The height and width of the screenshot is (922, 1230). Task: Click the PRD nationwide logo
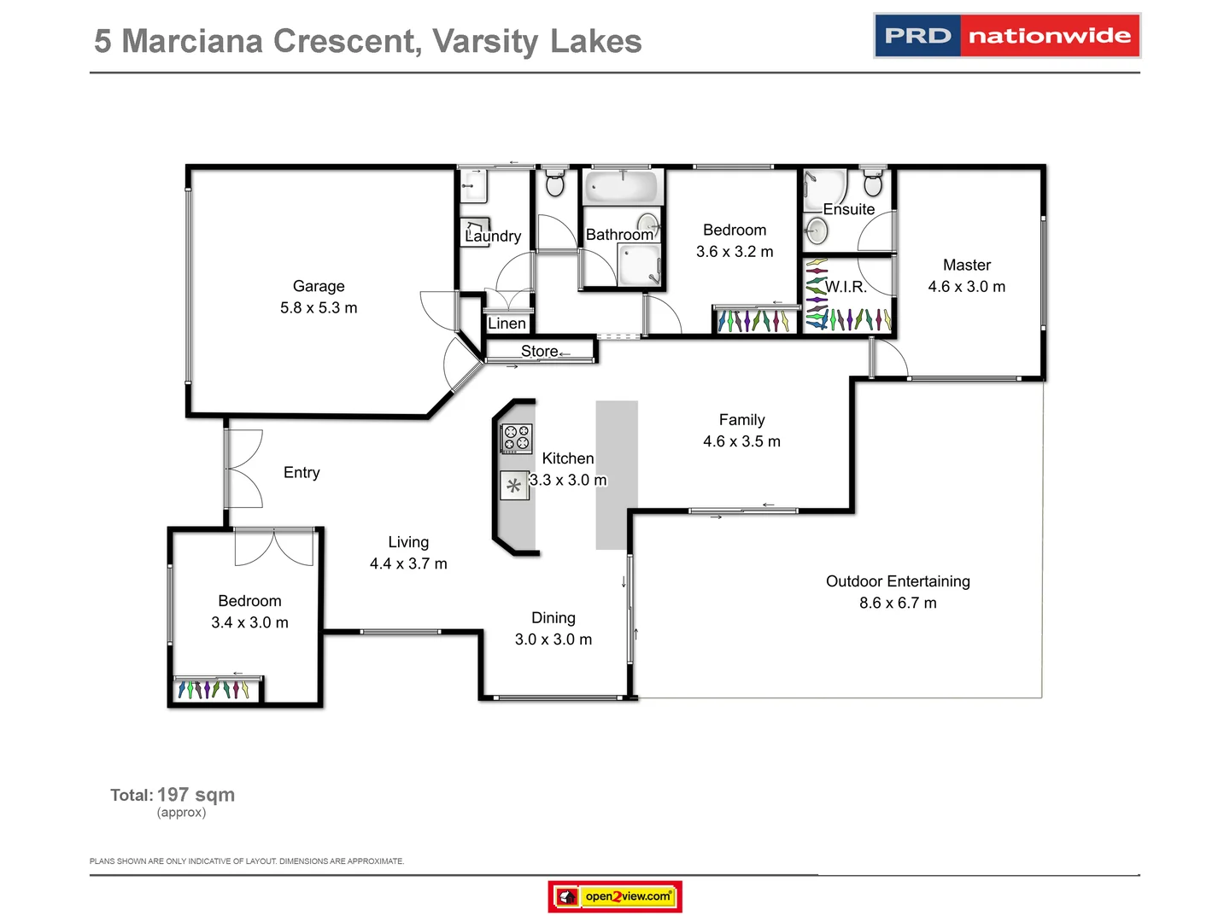pos(1007,36)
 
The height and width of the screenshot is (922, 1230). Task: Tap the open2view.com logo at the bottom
pos(615,896)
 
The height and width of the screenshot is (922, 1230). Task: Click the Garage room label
pos(319,286)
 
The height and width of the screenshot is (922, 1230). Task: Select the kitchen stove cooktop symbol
pos(516,438)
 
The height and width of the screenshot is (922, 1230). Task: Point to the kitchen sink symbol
pos(514,486)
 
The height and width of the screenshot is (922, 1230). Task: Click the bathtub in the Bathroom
pos(623,186)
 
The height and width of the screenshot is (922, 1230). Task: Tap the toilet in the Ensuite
pos(872,184)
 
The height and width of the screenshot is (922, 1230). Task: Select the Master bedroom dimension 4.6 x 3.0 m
pos(967,287)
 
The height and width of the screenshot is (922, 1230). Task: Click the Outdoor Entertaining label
pos(898,581)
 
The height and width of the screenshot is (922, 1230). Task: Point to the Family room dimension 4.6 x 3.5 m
pos(741,441)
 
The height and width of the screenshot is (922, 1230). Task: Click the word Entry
pos(302,473)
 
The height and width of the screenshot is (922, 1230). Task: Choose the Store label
pos(539,351)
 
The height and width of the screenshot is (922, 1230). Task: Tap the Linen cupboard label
pos(507,324)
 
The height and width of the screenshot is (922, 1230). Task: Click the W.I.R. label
pos(846,287)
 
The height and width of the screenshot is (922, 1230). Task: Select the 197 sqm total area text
pos(196,795)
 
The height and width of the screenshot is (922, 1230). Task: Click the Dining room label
pos(553,618)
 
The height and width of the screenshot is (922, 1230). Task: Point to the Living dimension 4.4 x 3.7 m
pos(408,563)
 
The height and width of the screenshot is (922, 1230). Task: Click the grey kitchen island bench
pos(617,475)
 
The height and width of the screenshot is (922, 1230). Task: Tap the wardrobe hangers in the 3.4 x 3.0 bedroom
pos(214,689)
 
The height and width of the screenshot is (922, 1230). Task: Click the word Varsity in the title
pos(485,41)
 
